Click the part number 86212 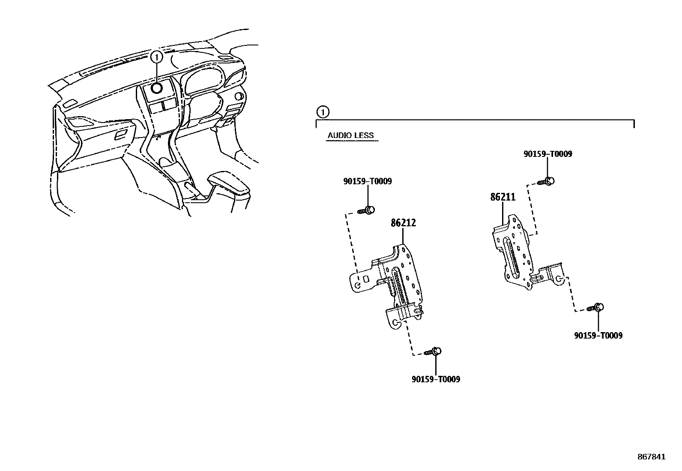click(403, 223)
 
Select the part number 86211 click(503, 198)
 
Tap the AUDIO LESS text click(350, 136)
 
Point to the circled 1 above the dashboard click(157, 56)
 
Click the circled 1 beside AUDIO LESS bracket click(322, 112)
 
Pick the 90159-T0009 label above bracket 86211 click(547, 154)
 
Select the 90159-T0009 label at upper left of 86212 click(367, 182)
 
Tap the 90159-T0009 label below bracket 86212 click(436, 379)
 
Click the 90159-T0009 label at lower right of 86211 click(598, 336)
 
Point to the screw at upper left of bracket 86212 click(367, 210)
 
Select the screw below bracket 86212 click(434, 352)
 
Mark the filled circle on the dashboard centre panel click(157, 88)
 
